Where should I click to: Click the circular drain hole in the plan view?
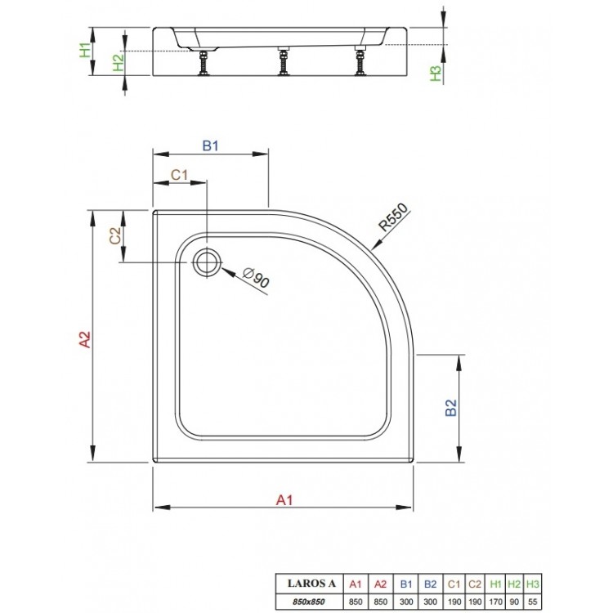tap(207, 262)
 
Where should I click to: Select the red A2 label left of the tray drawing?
tap(84, 338)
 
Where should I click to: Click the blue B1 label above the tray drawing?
tap(212, 147)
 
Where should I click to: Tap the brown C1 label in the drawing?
tap(180, 174)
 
